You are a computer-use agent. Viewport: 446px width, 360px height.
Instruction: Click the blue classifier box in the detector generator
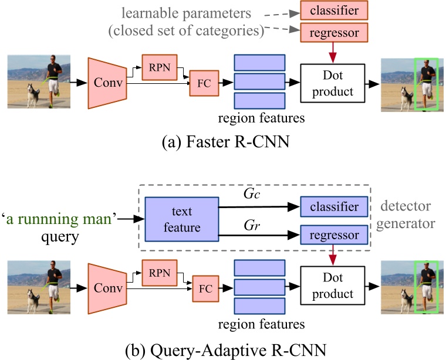tap(333, 207)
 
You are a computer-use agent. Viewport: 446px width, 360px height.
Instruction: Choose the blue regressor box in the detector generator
tap(333, 236)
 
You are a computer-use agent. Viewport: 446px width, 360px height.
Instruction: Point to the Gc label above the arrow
tap(249, 194)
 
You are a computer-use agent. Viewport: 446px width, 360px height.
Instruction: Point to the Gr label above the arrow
tap(249, 224)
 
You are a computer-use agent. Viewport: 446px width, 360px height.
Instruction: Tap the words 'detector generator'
tap(407, 215)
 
